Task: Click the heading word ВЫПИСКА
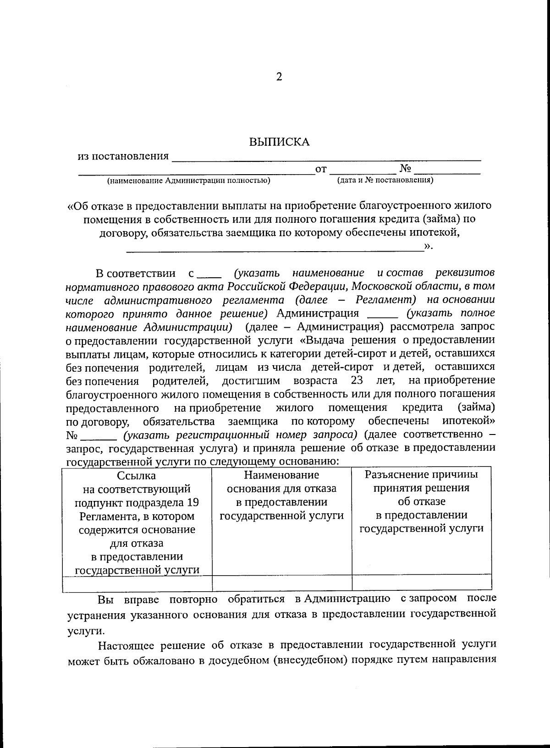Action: [x=279, y=142]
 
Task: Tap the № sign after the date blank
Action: [x=405, y=168]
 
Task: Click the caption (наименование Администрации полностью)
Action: [x=188, y=181]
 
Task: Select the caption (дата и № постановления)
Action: [x=385, y=180]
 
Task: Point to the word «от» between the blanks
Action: [x=321, y=169]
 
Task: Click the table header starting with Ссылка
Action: [x=137, y=522]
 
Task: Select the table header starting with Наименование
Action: [x=281, y=495]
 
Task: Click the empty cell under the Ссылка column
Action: [x=137, y=583]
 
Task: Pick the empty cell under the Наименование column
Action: [x=281, y=583]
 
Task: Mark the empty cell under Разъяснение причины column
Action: [x=421, y=583]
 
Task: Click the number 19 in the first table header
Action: [x=192, y=502]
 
